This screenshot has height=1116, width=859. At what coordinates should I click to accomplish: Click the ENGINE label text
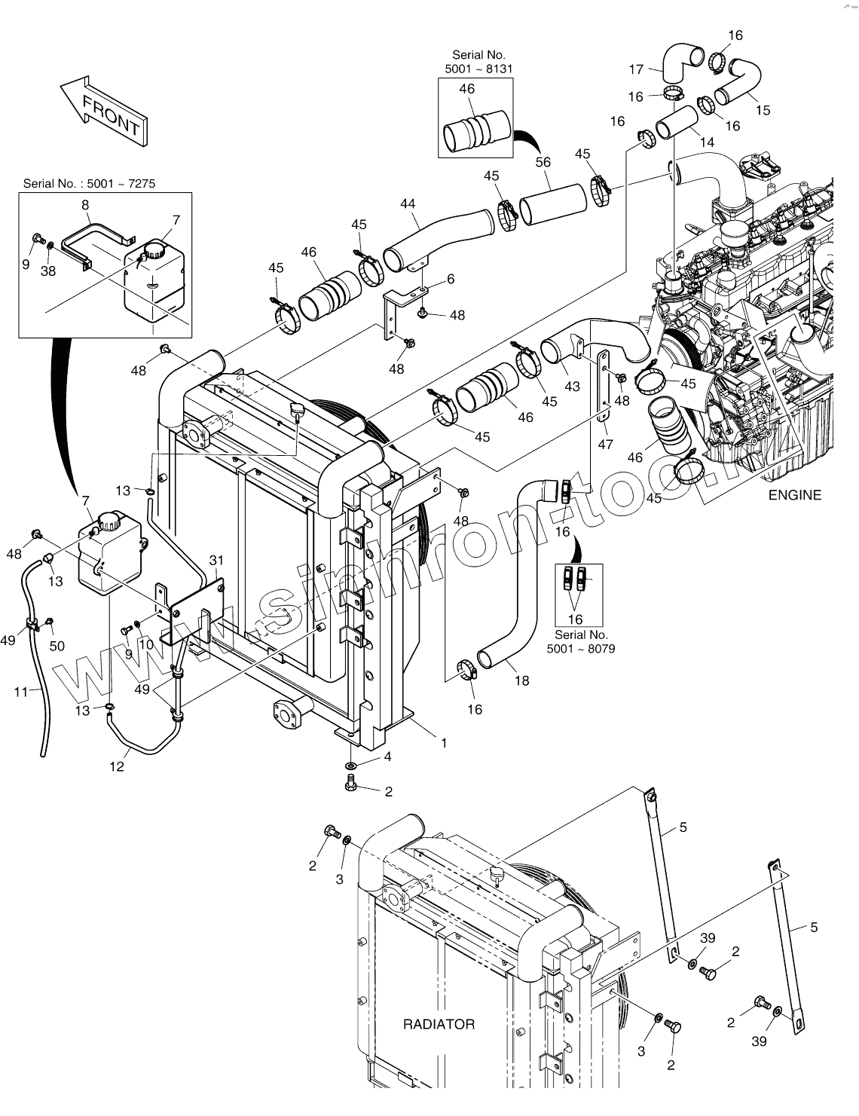pyautogui.click(x=794, y=495)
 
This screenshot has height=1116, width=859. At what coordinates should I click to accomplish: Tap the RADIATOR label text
pyautogui.click(x=439, y=1024)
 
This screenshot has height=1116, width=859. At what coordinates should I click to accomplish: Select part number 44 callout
pyautogui.click(x=408, y=203)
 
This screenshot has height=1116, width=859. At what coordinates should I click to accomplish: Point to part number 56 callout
pyautogui.click(x=543, y=162)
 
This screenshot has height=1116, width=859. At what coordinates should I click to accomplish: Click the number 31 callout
pyautogui.click(x=217, y=560)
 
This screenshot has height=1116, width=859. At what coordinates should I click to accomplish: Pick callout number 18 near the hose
pyautogui.click(x=521, y=680)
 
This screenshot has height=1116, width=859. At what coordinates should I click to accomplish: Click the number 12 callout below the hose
pyautogui.click(x=117, y=766)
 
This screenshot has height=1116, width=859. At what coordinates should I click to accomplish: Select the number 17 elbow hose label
pyautogui.click(x=636, y=69)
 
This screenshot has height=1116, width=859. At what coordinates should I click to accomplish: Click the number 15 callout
pyautogui.click(x=763, y=110)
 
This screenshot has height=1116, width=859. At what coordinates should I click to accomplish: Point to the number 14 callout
pyautogui.click(x=706, y=141)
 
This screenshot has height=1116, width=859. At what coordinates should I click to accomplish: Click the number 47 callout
pyautogui.click(x=605, y=445)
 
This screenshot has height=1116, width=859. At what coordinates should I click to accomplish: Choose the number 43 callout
pyautogui.click(x=572, y=387)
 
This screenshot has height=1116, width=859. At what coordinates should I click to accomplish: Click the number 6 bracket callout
pyautogui.click(x=451, y=279)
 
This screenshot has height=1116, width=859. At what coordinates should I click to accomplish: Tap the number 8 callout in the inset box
pyautogui.click(x=85, y=204)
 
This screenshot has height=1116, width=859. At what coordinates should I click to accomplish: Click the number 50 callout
pyautogui.click(x=57, y=646)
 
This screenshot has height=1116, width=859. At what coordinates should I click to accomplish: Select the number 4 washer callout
pyautogui.click(x=387, y=757)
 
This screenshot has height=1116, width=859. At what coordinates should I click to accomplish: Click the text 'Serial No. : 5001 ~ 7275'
pyautogui.click(x=89, y=183)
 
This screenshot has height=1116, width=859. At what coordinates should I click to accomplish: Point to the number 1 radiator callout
pyautogui.click(x=444, y=743)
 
